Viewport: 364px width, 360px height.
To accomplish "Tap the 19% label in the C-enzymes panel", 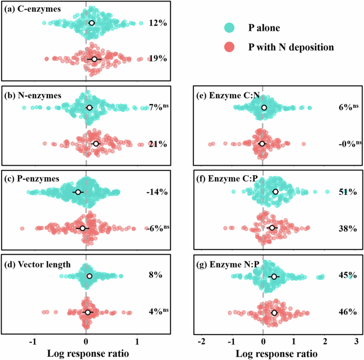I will (x=158, y=59).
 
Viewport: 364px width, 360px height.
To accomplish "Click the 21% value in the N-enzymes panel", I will (x=158, y=144).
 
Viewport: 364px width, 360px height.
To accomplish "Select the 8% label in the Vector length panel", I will (x=156, y=276).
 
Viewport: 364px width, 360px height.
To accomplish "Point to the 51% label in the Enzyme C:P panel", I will (x=348, y=192).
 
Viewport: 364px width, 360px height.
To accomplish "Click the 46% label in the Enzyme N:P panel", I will (x=348, y=312).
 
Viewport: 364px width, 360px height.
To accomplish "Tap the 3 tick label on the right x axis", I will (x=357, y=340).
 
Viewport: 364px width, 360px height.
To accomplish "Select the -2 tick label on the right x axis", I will (x=201, y=340).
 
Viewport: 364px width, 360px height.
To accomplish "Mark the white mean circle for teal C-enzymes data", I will (x=91, y=23).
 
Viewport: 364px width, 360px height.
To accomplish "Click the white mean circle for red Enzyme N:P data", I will (x=274, y=313).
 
